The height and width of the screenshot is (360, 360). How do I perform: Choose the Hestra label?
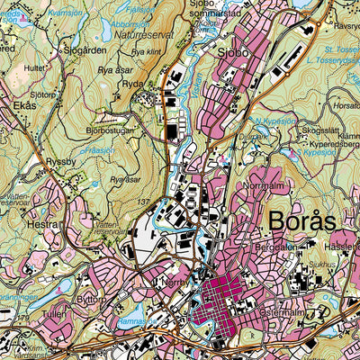[42, 220]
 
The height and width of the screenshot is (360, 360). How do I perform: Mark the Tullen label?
[54, 315]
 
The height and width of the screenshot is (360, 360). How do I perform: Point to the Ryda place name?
[132, 85]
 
